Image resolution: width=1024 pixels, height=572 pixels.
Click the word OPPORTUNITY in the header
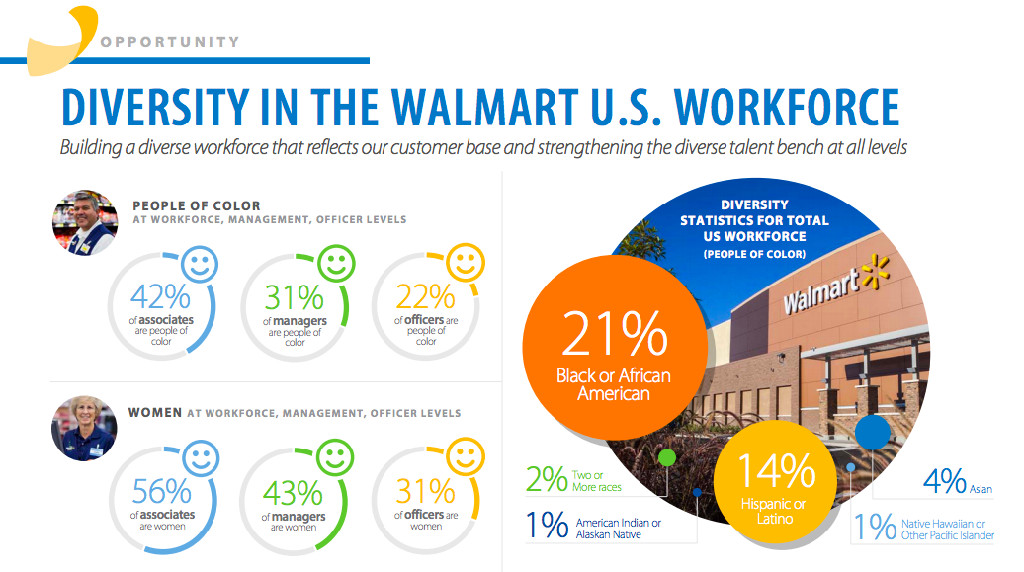coord(170,42)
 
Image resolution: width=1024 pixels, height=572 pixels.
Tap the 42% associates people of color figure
coord(161,296)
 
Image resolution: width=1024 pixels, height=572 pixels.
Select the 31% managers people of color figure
coord(294,296)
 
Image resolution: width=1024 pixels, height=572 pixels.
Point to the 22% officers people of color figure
coord(425,296)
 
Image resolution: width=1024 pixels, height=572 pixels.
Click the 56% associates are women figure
coord(161,491)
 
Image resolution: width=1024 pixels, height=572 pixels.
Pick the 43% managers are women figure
coord(294,492)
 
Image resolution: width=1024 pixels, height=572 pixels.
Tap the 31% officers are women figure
coord(425,491)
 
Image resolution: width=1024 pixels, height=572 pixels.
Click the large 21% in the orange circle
coord(614,334)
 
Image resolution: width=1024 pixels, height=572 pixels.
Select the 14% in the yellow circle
coord(773,472)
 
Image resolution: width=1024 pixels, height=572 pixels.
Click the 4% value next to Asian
coord(944,481)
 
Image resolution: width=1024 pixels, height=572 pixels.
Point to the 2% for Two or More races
coord(546,480)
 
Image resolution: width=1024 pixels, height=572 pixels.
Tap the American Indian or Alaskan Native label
coord(619,529)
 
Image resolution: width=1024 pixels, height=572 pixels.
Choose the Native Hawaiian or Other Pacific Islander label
coord(946,529)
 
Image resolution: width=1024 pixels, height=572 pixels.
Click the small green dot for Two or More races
coord(666,457)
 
